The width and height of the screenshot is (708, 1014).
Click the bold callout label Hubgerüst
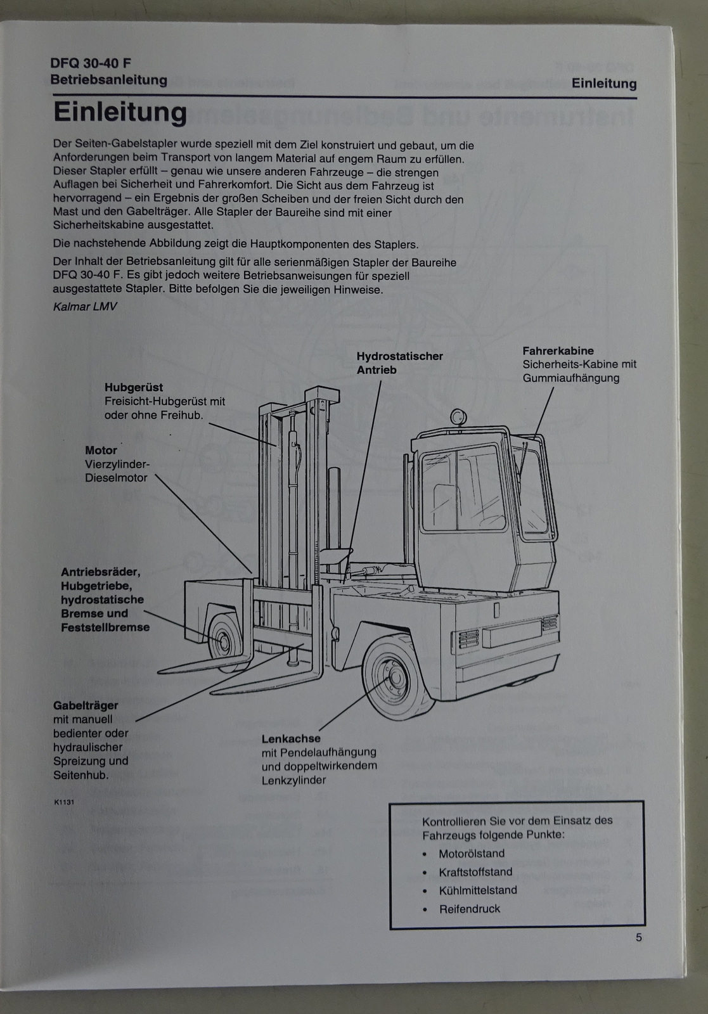(133, 387)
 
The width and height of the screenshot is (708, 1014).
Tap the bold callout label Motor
(101, 451)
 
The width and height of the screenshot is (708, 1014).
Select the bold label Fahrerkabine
(558, 351)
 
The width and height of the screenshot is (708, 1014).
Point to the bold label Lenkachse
(291, 739)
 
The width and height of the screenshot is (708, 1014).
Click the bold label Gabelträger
(86, 706)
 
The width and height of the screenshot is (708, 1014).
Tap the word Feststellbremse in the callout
(105, 627)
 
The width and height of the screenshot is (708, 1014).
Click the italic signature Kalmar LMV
(85, 307)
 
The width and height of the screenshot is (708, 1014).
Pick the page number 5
(639, 937)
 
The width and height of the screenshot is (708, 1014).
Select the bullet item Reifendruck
(470, 909)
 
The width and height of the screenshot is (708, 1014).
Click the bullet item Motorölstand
(471, 853)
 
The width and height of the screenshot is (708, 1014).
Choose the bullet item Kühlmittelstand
(477, 890)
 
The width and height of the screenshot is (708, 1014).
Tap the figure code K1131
(64, 802)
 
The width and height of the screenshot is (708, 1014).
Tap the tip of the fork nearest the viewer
(212, 692)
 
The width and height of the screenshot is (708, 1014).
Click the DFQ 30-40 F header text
(91, 63)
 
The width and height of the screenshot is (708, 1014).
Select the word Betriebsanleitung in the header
(108, 80)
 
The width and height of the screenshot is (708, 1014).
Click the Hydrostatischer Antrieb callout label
(399, 363)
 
